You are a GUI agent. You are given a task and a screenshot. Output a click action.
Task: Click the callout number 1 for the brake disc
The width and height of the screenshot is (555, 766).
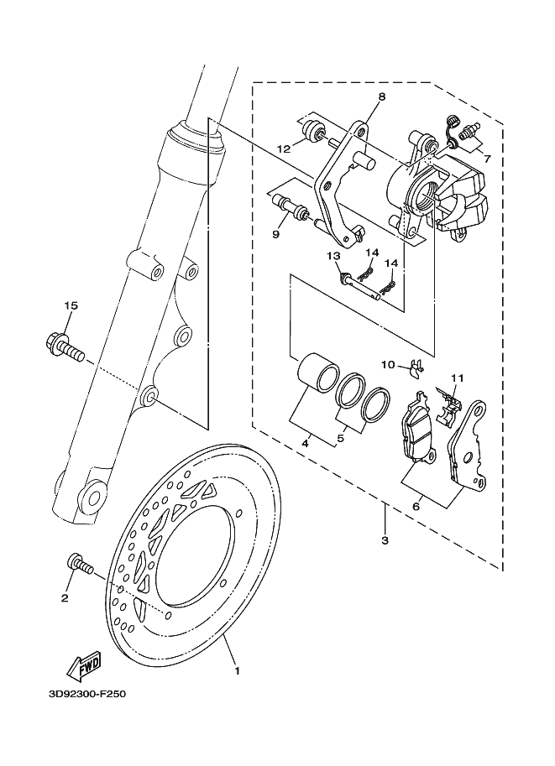pos(238,670)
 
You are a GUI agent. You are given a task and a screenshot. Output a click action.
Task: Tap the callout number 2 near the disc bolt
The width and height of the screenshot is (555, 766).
pos(64,597)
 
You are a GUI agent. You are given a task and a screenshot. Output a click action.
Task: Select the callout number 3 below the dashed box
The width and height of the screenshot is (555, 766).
pos(385,540)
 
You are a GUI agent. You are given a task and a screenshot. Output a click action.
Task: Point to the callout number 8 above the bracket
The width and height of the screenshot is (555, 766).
pos(381,97)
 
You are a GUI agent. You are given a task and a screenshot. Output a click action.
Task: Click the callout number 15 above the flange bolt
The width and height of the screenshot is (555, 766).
pos(71,305)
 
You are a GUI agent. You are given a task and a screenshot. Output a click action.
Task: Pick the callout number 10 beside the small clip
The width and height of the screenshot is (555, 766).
pos(388,364)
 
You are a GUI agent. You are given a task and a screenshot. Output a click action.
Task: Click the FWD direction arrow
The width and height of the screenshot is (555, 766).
pos(85,667)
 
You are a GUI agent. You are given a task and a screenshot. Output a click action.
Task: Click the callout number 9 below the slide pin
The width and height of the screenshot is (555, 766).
pos(275,234)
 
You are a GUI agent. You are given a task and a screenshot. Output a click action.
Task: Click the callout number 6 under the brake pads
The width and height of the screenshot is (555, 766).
pos(415,506)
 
